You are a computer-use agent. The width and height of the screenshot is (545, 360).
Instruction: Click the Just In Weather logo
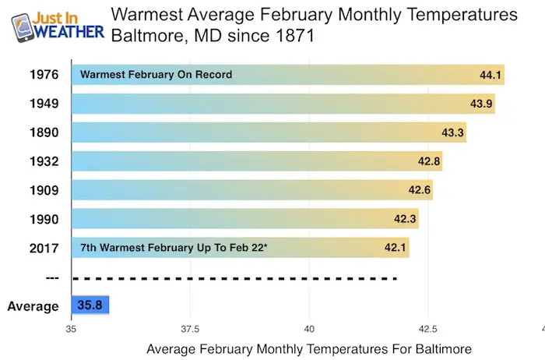pos(58,27)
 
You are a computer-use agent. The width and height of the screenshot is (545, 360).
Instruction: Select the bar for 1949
pos(283,104)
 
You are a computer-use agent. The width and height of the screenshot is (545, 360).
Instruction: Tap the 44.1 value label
pos(490,75)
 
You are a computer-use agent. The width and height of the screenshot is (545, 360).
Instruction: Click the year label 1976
pos(44,75)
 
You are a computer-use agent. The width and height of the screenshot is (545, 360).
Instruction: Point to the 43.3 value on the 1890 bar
pos(452,132)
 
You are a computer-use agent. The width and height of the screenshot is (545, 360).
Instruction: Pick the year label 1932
pos(44,161)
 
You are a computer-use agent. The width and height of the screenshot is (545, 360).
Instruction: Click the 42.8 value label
pos(429,161)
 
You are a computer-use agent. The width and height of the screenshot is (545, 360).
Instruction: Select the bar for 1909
pos(252,190)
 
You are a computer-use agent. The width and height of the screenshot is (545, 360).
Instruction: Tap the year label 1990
pos(44,219)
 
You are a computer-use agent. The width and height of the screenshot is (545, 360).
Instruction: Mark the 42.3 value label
pos(405,219)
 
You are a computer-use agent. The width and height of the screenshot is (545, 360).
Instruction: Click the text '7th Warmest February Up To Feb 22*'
pos(174,247)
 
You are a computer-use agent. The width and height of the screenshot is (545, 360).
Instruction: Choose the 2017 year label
pos(44,248)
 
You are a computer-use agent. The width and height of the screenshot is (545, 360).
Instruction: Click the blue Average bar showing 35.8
pos(90,305)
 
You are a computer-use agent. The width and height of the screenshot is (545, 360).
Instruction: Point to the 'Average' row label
pos(33,306)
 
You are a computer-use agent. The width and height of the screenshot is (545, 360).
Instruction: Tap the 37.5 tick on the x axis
pos(190,329)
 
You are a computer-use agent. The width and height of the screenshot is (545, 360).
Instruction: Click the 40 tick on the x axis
pos(309,329)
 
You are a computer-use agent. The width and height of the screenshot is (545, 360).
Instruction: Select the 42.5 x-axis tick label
pos(428,329)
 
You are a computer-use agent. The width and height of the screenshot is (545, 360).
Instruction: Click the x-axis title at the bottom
pos(309,349)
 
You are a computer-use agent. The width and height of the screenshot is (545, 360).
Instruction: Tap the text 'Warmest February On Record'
pos(156,75)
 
